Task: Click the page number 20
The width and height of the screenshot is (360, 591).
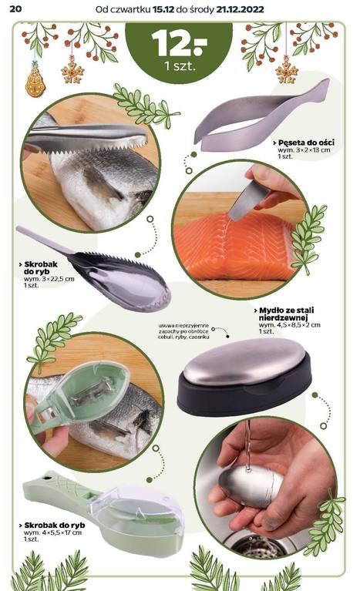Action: click(15, 8)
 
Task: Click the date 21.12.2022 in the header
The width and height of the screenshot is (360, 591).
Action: click(240, 9)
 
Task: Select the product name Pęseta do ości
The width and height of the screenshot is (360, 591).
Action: click(306, 143)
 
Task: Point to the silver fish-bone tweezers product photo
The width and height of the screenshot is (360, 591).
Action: click(261, 115)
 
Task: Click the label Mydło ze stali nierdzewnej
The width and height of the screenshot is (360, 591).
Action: click(286, 314)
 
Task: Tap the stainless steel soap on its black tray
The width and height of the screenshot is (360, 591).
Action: click(244, 361)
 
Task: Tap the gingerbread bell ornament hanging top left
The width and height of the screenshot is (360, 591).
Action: click(35, 80)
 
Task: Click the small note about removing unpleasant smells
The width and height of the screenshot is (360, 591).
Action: click(183, 331)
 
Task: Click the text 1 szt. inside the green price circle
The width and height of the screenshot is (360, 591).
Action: click(180, 66)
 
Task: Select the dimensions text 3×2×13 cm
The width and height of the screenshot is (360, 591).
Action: click(310, 149)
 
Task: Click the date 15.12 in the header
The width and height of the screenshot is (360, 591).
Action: click(163, 9)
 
